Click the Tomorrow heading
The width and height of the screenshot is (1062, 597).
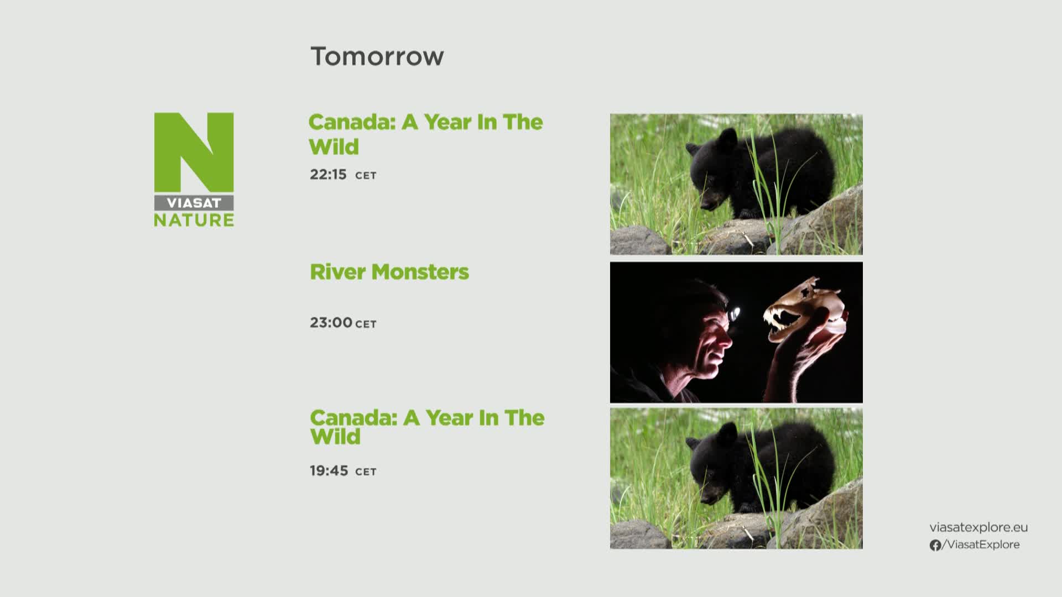377,56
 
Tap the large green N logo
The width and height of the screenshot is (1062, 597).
194,153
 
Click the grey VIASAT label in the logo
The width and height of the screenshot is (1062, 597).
194,203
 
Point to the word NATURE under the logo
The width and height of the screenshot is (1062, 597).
194,220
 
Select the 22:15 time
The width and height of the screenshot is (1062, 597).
328,175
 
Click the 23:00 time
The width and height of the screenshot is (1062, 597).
331,322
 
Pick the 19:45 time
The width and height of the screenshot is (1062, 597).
329,470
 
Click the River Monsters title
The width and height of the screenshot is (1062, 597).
389,272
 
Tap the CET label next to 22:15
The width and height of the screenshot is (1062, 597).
366,176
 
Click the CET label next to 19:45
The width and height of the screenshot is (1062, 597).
366,472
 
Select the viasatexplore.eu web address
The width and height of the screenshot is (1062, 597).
978,527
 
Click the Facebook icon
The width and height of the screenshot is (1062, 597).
935,546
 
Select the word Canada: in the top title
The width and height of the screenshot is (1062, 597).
352,122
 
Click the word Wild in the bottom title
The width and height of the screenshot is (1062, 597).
335,437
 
